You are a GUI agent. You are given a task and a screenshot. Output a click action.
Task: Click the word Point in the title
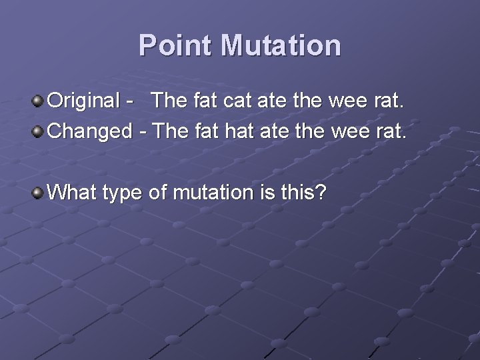176,46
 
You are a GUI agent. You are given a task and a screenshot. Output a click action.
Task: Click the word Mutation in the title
281,46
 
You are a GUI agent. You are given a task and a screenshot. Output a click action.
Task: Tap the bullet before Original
38,101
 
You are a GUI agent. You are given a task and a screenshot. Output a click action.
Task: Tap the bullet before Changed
38,131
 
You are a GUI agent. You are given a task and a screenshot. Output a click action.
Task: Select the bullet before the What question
38,193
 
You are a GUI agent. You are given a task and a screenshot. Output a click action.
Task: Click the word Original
83,101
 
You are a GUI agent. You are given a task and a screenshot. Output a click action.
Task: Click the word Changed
91,131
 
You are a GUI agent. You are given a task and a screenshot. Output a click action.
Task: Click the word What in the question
73,193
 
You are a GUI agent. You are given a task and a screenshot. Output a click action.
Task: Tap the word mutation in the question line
210,193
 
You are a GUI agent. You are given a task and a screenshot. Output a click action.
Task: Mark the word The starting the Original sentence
170,101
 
